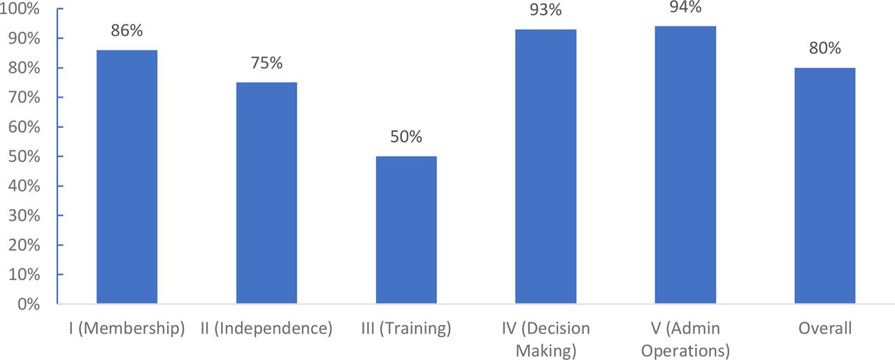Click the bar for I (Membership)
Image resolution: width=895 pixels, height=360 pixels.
(x=127, y=177)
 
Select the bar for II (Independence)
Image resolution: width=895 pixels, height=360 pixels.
(x=266, y=193)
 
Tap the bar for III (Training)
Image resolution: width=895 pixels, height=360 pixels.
(x=406, y=230)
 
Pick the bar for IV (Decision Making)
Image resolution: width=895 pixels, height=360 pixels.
(x=546, y=166)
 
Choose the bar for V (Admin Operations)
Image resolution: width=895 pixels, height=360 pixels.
(x=685, y=165)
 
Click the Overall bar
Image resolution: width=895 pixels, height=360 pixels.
(x=825, y=186)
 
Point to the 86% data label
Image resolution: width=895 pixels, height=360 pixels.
(x=127, y=31)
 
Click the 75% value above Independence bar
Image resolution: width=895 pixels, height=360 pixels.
(x=266, y=63)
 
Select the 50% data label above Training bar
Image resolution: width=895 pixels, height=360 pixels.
(x=406, y=136)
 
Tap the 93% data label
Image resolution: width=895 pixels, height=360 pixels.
(x=546, y=10)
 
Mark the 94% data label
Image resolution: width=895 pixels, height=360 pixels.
(x=685, y=7)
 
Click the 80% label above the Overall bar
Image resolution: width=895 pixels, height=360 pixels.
(x=825, y=48)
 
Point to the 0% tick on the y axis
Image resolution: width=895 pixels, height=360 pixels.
(x=29, y=305)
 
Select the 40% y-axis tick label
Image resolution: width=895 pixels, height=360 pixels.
(x=24, y=186)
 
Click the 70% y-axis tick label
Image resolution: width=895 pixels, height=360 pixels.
(x=24, y=97)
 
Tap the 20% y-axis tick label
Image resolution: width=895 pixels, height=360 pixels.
(x=24, y=245)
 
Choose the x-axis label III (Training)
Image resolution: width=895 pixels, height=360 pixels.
(x=406, y=329)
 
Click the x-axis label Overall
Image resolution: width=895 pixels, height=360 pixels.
(x=825, y=329)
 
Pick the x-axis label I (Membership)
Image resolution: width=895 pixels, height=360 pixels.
(x=127, y=329)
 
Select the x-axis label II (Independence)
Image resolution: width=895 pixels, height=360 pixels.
(x=266, y=329)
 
